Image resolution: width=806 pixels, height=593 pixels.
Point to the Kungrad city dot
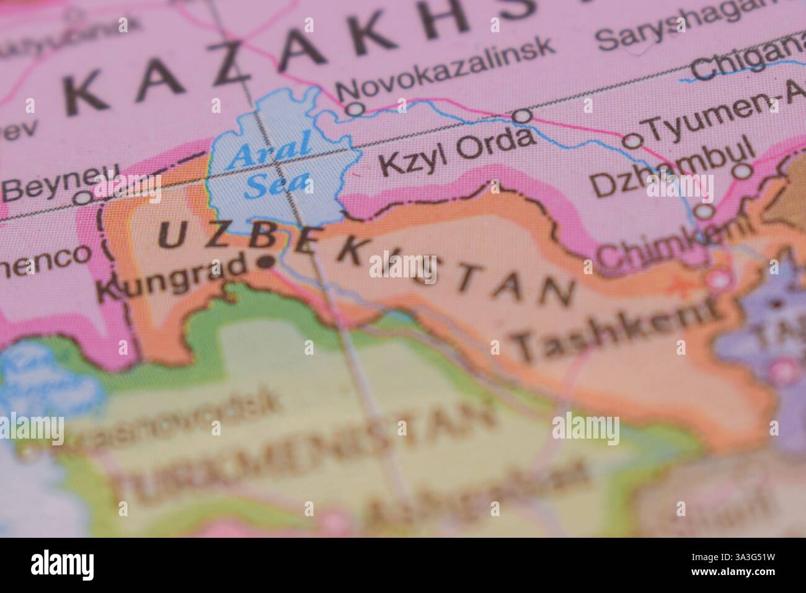coord(267,262)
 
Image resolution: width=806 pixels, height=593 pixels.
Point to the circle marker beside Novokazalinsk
coord(355,109)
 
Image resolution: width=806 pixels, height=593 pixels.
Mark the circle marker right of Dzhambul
coord(742,171)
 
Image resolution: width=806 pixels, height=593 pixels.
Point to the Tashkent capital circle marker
coord(719,281)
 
